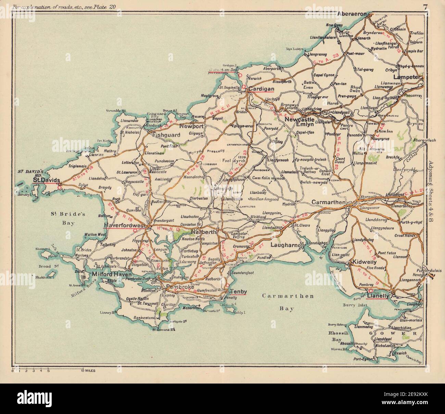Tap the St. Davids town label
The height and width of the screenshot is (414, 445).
click(x=47, y=180)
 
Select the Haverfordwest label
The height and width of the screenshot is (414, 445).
click(x=125, y=225)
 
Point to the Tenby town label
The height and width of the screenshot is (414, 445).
click(x=239, y=292)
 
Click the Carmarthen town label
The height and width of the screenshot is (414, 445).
click(x=328, y=203)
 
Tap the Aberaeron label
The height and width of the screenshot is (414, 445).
click(x=352, y=14)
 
